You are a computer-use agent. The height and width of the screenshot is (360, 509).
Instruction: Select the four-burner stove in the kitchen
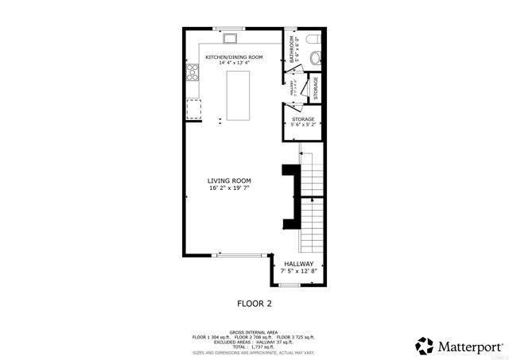192,74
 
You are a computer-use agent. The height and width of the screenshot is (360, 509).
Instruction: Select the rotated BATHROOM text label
293,49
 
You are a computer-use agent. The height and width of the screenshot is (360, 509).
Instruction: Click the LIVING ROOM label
230,180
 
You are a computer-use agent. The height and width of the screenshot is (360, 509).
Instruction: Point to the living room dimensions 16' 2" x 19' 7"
230,189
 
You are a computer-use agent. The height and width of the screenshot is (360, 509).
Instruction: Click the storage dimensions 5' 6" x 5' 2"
303,125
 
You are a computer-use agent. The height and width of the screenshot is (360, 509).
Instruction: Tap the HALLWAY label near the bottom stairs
298,264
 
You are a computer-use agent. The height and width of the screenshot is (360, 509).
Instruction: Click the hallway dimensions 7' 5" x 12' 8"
298,272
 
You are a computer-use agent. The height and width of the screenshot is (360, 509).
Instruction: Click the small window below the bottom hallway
290,285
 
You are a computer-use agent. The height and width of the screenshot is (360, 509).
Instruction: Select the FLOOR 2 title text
254,304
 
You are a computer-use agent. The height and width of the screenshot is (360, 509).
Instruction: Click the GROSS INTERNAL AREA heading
254,332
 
